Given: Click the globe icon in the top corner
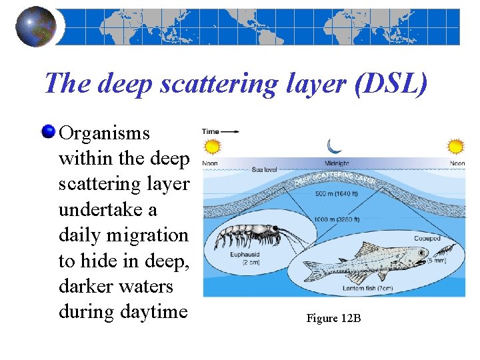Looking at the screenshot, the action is [35, 26].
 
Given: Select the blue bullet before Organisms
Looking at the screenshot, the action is [49, 131].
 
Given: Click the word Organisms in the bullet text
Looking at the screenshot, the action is [104, 133].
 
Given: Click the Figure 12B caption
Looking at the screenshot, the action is [333, 318].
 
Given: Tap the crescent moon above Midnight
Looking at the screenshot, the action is [334, 146].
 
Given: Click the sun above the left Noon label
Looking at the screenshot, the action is [211, 147].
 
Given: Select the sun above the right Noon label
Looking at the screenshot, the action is [456, 146].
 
